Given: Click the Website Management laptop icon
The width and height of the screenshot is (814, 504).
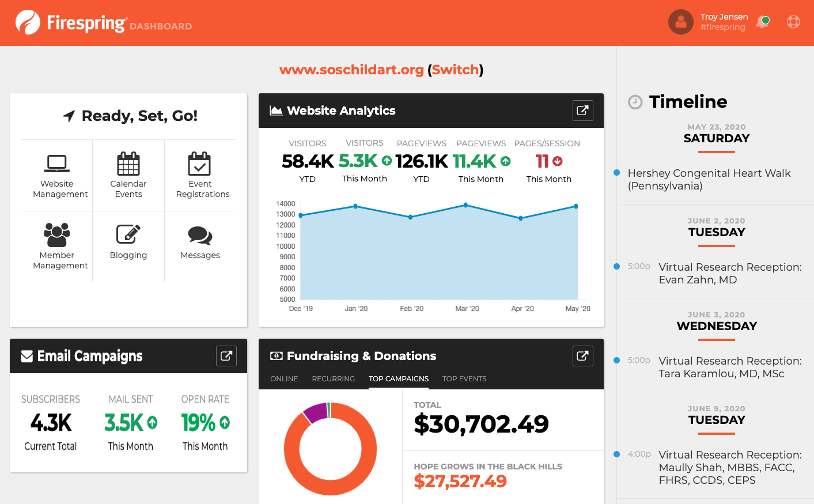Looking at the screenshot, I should pyautogui.click(x=57, y=164).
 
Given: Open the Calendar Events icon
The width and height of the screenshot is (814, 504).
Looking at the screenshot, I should pyautogui.click(x=128, y=164).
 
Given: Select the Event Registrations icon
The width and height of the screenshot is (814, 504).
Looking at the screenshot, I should pyautogui.click(x=200, y=164).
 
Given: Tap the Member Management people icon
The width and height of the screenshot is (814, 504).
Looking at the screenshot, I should pyautogui.click(x=57, y=234).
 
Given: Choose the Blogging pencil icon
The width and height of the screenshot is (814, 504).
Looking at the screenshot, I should pyautogui.click(x=128, y=234).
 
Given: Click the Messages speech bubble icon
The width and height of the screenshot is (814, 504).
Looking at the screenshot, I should pyautogui.click(x=200, y=235).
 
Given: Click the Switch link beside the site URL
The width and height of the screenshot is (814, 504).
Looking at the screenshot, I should pyautogui.click(x=455, y=70).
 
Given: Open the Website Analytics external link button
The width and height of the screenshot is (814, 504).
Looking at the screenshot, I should pyautogui.click(x=582, y=111).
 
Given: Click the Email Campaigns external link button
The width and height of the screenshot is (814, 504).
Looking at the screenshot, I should pyautogui.click(x=226, y=356).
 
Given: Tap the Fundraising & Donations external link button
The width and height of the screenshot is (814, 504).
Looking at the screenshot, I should pyautogui.click(x=582, y=356).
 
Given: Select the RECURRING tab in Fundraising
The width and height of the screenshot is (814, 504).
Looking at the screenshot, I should pyautogui.click(x=333, y=379).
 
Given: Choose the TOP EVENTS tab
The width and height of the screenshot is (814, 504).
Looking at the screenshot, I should pyautogui.click(x=464, y=379).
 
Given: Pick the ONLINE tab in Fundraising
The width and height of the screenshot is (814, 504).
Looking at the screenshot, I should pyautogui.click(x=284, y=379).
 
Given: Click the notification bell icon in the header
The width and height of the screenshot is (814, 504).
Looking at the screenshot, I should pyautogui.click(x=762, y=22).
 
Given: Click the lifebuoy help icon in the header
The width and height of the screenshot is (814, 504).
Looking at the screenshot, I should pyautogui.click(x=793, y=22).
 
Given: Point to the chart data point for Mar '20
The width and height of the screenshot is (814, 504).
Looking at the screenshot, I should pyautogui.click(x=465, y=205).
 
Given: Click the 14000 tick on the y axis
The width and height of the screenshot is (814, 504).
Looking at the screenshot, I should pyautogui.click(x=286, y=204).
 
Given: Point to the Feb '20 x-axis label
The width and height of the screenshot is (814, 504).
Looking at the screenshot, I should pyautogui.click(x=411, y=309).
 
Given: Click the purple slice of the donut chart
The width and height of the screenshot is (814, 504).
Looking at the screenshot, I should pyautogui.click(x=315, y=412).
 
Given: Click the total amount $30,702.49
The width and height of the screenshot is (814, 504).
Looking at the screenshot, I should pyautogui.click(x=481, y=425).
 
